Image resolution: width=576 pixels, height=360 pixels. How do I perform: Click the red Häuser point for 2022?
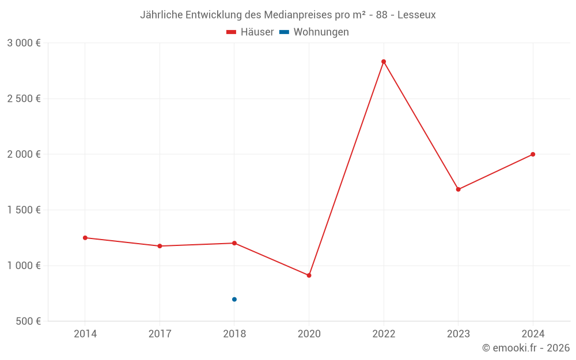(384, 62)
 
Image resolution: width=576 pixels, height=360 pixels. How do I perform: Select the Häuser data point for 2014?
(85, 238)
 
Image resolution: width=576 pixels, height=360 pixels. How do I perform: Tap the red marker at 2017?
(160, 246)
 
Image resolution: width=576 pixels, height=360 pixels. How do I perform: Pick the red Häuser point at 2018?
(234, 243)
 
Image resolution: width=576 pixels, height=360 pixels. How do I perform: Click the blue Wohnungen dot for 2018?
(234, 300)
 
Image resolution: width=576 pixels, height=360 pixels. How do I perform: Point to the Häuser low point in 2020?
(309, 275)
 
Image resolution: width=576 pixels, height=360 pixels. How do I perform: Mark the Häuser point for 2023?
(458, 190)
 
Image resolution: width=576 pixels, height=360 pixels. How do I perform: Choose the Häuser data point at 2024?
(533, 154)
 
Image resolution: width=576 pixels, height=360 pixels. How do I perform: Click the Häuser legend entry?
(250, 32)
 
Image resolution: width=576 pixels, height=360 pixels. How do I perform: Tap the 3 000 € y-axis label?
(24, 43)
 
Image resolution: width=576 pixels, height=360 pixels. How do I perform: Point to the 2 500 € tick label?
(24, 98)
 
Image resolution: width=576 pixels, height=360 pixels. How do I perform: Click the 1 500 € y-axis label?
(24, 210)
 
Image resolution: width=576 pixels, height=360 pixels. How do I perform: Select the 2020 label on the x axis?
(309, 334)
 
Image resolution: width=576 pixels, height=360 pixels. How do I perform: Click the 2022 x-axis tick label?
(384, 334)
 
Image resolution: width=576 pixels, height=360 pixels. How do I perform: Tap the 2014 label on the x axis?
(85, 334)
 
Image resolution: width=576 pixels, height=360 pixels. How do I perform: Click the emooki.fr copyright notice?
(526, 348)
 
